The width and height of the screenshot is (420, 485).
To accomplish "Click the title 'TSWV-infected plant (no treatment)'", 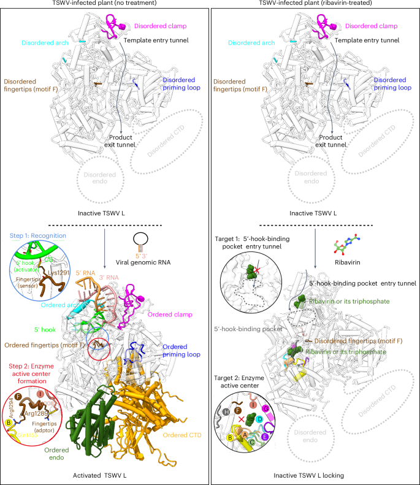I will point(105,5).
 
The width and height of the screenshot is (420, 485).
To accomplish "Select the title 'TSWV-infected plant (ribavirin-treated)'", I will point(315,5).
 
